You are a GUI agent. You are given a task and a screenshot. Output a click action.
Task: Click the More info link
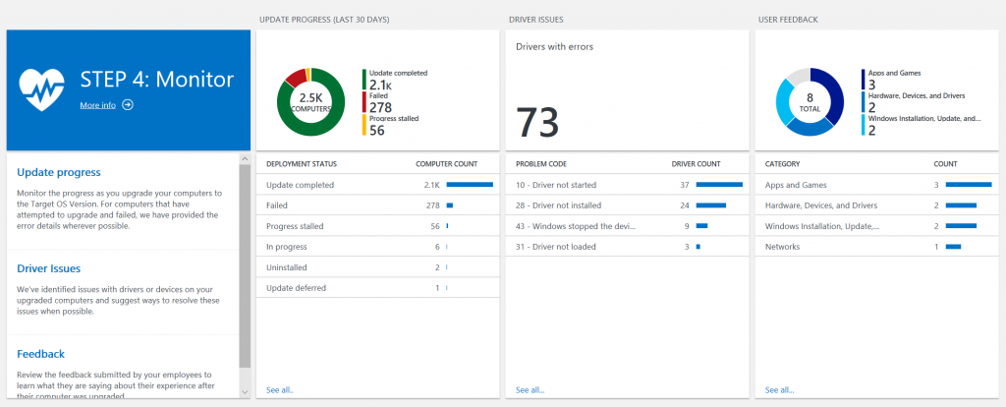click(x=98, y=105)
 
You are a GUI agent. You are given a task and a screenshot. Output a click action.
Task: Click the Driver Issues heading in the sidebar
click(x=49, y=267)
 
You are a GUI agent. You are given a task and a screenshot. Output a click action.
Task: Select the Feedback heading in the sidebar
click(x=40, y=353)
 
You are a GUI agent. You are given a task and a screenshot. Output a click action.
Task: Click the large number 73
click(x=537, y=122)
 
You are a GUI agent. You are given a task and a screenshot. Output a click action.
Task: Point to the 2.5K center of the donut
click(x=310, y=101)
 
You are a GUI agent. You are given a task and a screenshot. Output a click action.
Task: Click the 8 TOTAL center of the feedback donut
click(x=810, y=101)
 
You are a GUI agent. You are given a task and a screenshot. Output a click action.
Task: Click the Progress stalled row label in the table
click(x=295, y=226)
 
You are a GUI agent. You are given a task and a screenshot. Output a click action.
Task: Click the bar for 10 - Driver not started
click(x=719, y=184)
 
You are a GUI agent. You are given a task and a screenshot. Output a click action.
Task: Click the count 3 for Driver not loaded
click(x=686, y=247)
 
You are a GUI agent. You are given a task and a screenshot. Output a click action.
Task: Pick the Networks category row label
click(x=783, y=247)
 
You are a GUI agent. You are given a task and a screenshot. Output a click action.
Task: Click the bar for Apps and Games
click(x=968, y=184)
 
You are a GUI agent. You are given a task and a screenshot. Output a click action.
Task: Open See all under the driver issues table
click(x=531, y=390)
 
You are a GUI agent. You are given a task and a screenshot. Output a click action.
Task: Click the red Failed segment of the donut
click(x=294, y=77)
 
